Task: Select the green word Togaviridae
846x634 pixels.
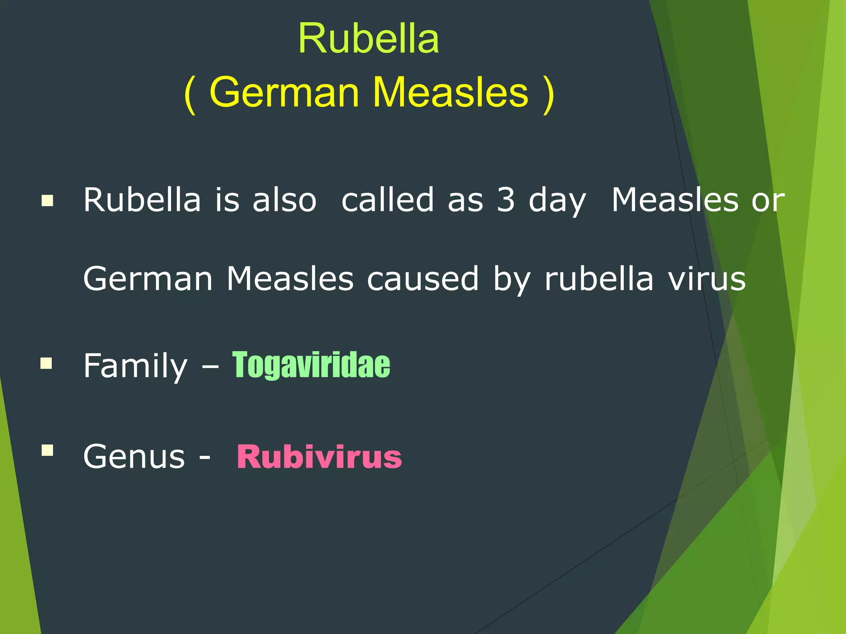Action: coord(311,365)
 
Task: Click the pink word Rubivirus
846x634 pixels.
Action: coord(319,457)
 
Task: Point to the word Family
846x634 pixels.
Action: coord(135,366)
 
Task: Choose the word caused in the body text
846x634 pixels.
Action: coord(423,279)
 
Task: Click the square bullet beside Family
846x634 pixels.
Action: coord(47,364)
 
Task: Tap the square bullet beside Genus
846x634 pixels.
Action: coord(48,450)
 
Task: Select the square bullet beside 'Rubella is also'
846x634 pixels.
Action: coord(48,201)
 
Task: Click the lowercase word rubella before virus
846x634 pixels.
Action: coord(599,279)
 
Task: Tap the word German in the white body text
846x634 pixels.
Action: coord(148,279)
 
